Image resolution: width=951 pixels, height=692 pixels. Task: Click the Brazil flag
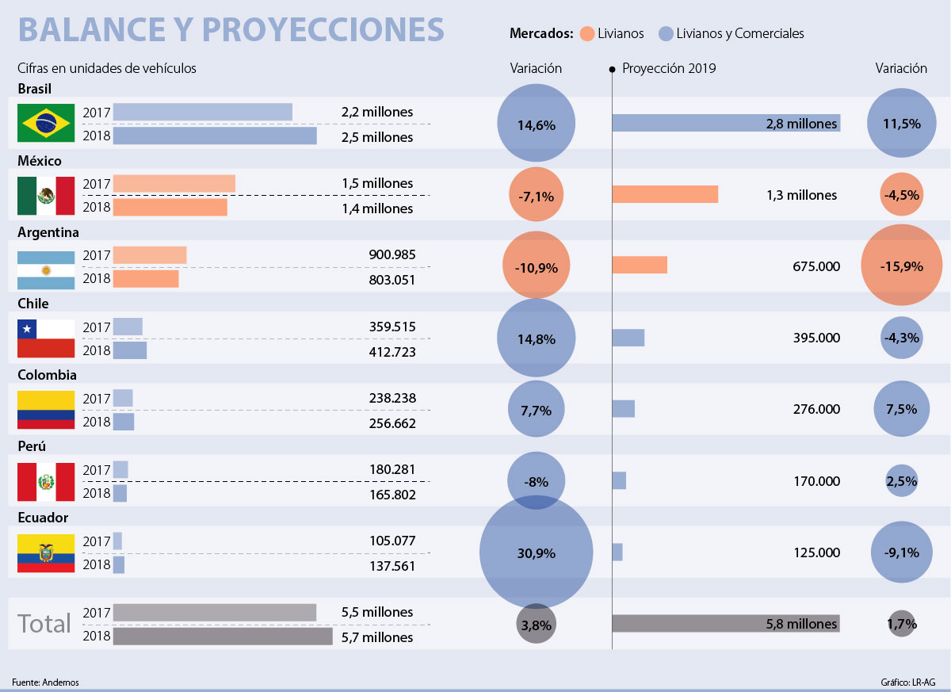[x=46, y=124]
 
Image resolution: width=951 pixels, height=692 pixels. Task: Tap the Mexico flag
[x=46, y=195]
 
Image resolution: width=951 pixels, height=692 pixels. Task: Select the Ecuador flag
[x=46, y=552]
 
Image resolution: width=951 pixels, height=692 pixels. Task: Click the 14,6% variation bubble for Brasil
[x=536, y=124]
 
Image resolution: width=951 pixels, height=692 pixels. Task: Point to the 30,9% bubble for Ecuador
[x=536, y=553]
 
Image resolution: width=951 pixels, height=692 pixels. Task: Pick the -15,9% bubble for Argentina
[x=901, y=266]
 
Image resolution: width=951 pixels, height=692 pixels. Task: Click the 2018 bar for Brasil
[x=215, y=136]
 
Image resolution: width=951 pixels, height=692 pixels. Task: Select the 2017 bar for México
[x=174, y=183]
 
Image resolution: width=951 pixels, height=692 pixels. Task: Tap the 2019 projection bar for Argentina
[x=640, y=265]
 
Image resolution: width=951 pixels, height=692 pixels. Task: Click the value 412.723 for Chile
[x=391, y=350]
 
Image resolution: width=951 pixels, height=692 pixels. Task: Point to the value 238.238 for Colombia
[x=391, y=398]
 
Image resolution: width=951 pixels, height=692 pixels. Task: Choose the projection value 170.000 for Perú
[x=816, y=480]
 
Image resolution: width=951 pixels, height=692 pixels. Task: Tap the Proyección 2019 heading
[x=669, y=68]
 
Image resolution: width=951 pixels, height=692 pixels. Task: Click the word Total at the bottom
[x=44, y=624]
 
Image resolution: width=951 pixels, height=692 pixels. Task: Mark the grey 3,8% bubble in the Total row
[x=536, y=625]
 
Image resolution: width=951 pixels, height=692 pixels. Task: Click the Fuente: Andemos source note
[x=45, y=682]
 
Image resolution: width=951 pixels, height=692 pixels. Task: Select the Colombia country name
[x=47, y=374]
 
